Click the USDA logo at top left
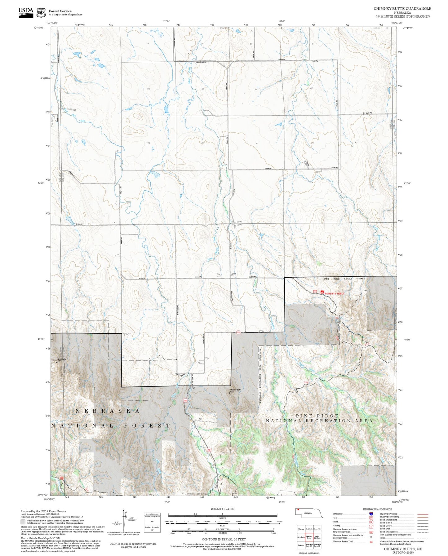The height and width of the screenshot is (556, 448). (x=26, y=11)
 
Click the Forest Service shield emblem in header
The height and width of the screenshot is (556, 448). (x=41, y=13)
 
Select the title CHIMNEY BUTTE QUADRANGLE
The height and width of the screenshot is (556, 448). (x=402, y=9)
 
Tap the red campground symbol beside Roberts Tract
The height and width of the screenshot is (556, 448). (x=322, y=292)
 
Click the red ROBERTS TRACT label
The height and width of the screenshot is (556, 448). (x=335, y=293)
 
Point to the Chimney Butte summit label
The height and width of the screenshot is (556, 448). (x=235, y=390)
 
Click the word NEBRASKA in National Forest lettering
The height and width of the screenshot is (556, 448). (x=108, y=411)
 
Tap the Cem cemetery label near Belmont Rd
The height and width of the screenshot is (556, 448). (x=234, y=274)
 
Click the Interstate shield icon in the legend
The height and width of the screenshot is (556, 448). (x=371, y=514)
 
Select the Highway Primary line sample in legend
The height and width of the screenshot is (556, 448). (x=423, y=514)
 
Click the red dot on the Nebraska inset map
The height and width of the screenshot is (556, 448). (x=298, y=510)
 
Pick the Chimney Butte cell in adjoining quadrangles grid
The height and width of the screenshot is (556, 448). (x=309, y=537)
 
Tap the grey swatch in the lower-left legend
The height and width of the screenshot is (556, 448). (x=23, y=522)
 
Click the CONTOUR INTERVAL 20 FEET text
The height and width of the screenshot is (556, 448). (x=223, y=540)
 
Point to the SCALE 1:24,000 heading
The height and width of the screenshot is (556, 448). (x=222, y=509)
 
